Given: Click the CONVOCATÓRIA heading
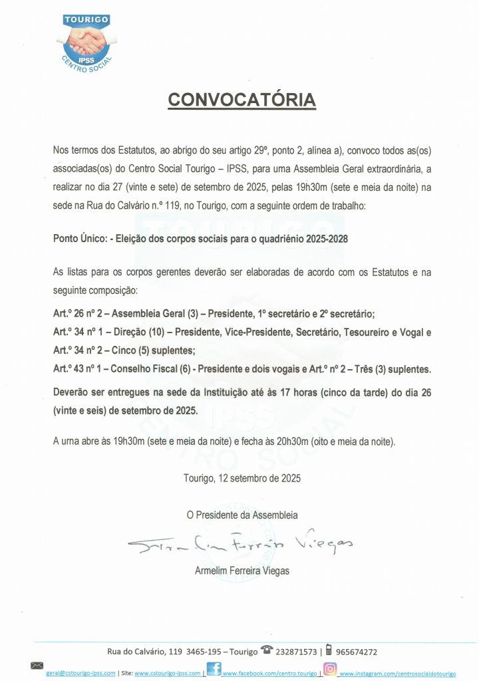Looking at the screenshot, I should [x=241, y=100].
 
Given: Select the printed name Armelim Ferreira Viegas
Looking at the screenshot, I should [x=242, y=570].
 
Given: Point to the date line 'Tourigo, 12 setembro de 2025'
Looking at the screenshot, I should [x=242, y=477].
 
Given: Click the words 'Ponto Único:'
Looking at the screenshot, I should [x=79, y=238].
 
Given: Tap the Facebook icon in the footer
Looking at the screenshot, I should [x=214, y=669].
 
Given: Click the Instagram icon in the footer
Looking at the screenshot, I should [x=329, y=669].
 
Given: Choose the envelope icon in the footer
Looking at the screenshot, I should [x=37, y=666].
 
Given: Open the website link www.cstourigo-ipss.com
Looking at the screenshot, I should [x=168, y=674].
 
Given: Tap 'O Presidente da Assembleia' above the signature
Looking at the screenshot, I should [x=242, y=515].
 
